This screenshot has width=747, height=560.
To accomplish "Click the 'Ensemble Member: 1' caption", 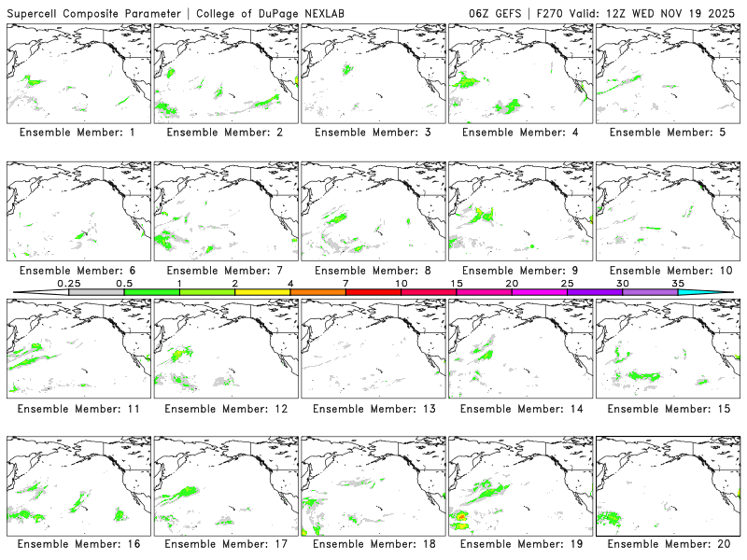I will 78,133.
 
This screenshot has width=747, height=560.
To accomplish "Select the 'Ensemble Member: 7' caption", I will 225,271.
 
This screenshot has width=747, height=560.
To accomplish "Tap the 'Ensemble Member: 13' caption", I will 373,409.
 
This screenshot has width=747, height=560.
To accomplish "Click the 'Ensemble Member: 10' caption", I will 668,271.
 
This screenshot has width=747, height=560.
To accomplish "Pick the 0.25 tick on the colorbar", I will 69,292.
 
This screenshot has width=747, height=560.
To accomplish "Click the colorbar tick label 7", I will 345,283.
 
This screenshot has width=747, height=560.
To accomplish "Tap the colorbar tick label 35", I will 678,283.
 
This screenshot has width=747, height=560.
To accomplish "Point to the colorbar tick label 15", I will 457,283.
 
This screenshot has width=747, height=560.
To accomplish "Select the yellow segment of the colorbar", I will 262,292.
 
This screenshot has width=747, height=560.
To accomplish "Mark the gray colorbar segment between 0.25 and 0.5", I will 96,292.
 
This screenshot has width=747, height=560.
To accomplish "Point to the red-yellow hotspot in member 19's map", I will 461,516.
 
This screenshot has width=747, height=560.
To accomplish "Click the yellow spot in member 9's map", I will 479,215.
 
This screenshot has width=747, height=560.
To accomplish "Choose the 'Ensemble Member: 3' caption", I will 373,133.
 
